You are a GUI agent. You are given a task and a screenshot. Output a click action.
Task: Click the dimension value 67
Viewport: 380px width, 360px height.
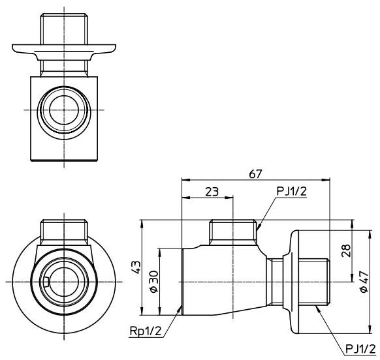point(256,174)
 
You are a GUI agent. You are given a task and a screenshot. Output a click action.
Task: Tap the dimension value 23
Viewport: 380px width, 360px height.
point(212,192)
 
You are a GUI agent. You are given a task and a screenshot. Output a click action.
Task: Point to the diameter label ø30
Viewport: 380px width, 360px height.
point(154,282)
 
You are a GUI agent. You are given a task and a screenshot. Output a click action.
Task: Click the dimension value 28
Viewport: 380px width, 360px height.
point(346,250)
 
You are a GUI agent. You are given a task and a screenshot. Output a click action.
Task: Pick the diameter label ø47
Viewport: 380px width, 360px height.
point(364,282)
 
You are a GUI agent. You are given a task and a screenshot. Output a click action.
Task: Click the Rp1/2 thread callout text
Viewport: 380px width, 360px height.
point(146,331)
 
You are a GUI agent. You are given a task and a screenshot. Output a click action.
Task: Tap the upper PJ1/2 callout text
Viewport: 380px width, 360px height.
point(292,192)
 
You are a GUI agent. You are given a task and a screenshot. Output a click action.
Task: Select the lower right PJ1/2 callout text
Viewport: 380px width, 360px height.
point(360,349)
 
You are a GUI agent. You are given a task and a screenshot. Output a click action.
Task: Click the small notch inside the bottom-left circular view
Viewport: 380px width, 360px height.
point(47,282)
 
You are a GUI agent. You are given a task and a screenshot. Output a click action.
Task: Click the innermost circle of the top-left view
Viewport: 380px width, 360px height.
point(64,110)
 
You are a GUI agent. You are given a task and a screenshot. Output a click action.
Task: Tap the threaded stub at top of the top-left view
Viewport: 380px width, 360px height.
point(64,29)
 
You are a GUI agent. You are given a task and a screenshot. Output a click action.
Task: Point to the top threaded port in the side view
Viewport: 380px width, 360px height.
point(233,232)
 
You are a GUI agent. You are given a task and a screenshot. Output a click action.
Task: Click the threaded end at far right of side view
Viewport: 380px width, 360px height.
point(314,282)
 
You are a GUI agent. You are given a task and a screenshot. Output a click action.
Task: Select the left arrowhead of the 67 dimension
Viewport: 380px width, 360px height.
point(185,180)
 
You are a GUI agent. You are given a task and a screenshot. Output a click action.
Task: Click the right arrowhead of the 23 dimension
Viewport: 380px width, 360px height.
point(229,198)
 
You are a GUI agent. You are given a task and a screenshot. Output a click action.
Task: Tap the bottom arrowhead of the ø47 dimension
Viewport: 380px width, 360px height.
point(370,329)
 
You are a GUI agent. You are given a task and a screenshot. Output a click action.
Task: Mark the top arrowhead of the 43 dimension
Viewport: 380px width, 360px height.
point(142,224)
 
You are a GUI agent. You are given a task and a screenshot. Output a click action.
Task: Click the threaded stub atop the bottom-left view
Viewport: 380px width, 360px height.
point(64,232)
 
